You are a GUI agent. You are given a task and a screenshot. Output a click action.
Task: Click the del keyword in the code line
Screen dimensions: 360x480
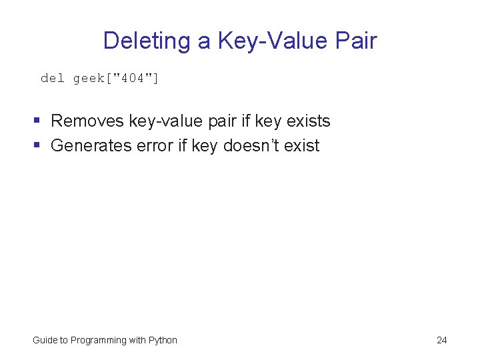tap(53, 79)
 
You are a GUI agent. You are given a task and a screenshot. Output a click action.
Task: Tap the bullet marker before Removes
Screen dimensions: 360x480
tap(37, 121)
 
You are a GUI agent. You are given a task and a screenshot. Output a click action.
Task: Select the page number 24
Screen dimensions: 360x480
tap(441, 341)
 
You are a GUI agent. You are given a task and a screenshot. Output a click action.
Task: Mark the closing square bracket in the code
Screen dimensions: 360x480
tap(156, 79)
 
